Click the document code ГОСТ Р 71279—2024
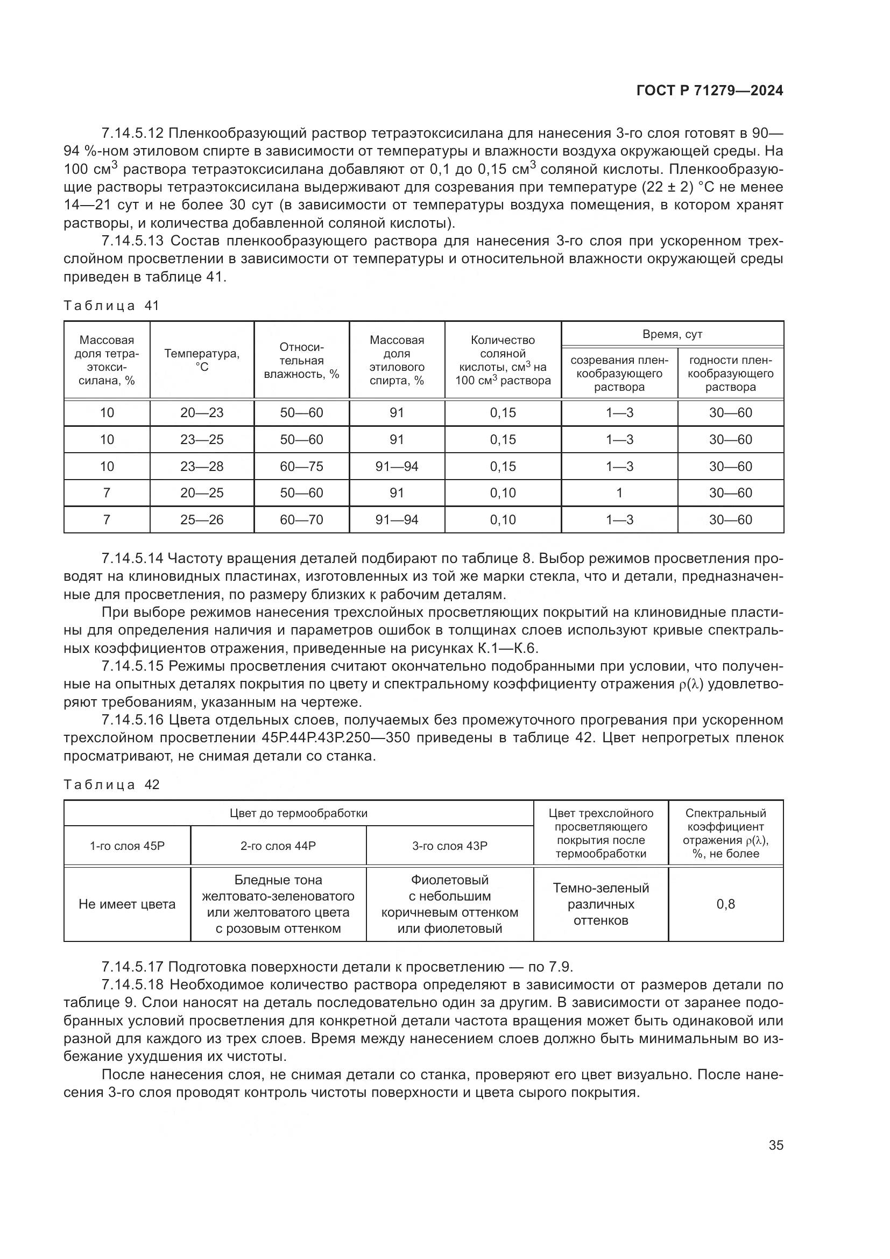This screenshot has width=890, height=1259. (710, 91)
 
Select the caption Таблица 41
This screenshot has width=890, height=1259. (111, 306)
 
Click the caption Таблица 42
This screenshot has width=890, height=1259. (111, 785)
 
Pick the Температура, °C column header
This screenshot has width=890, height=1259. (202, 360)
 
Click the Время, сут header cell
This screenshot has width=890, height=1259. (672, 334)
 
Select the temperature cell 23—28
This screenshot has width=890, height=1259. (202, 466)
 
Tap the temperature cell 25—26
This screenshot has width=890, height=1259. (202, 519)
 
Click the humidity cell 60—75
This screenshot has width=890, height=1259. (301, 466)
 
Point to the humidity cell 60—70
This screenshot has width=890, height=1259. (301, 519)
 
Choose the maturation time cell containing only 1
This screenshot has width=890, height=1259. (619, 493)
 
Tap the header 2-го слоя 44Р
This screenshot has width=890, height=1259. (278, 846)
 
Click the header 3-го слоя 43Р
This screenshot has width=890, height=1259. (449, 846)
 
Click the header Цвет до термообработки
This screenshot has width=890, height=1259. (298, 813)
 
